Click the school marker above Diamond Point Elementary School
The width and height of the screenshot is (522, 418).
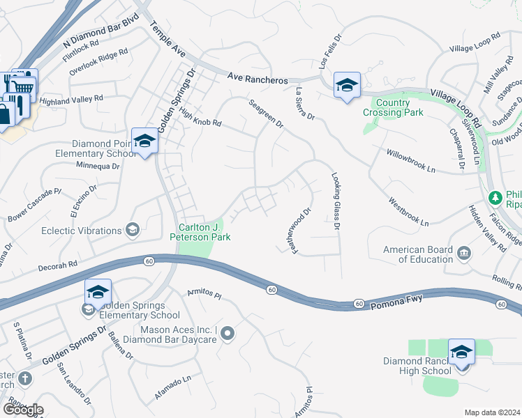(x=144, y=141)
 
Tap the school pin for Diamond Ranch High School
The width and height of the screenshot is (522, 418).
(x=461, y=353)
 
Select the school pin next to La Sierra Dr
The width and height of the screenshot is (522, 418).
(x=346, y=86)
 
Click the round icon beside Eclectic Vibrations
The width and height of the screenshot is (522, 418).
(x=131, y=230)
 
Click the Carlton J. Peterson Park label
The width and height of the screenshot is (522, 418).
(x=200, y=232)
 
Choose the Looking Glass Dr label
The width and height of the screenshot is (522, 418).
(x=336, y=202)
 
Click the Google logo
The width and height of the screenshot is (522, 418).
(x=23, y=410)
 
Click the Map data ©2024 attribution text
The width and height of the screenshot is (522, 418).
(x=492, y=412)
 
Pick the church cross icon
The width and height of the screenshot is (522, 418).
(x=24, y=379)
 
